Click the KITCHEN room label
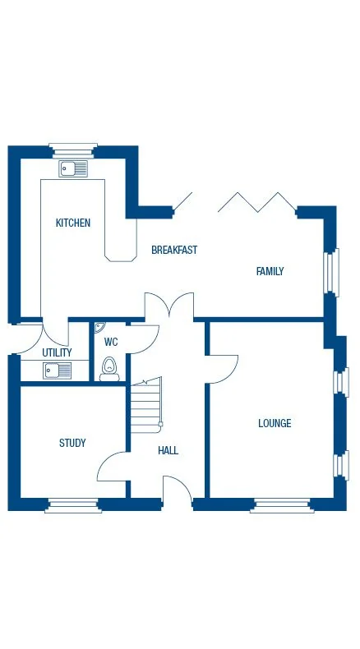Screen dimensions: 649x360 [x=73, y=223]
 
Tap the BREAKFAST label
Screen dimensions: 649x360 [x=174, y=250]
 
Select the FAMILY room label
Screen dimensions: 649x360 [x=270, y=271]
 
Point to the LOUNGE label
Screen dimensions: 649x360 [x=275, y=424]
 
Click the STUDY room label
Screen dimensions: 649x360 [x=72, y=444]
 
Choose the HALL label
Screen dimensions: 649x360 [x=168, y=450]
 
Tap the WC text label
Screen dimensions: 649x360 [x=111, y=342]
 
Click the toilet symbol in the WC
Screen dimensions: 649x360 [x=109, y=369]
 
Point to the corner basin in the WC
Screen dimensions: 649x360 [x=99, y=328]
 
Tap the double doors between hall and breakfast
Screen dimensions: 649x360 [x=169, y=306]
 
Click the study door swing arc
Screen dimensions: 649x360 [x=111, y=467]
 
